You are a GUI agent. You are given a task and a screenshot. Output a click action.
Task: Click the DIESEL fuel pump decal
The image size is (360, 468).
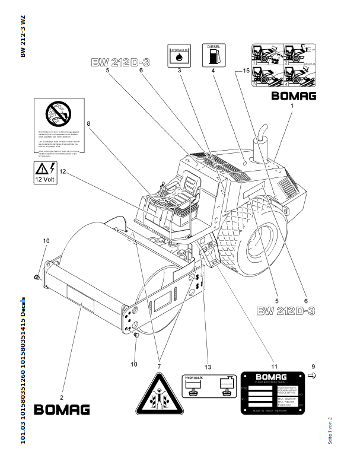(x=213, y=55)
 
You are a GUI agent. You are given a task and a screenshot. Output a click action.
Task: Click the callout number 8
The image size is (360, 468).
(x=88, y=124)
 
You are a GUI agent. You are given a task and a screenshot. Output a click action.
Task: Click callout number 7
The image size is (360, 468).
(x=158, y=359)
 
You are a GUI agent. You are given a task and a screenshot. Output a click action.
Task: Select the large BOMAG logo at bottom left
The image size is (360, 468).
(x=62, y=409)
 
